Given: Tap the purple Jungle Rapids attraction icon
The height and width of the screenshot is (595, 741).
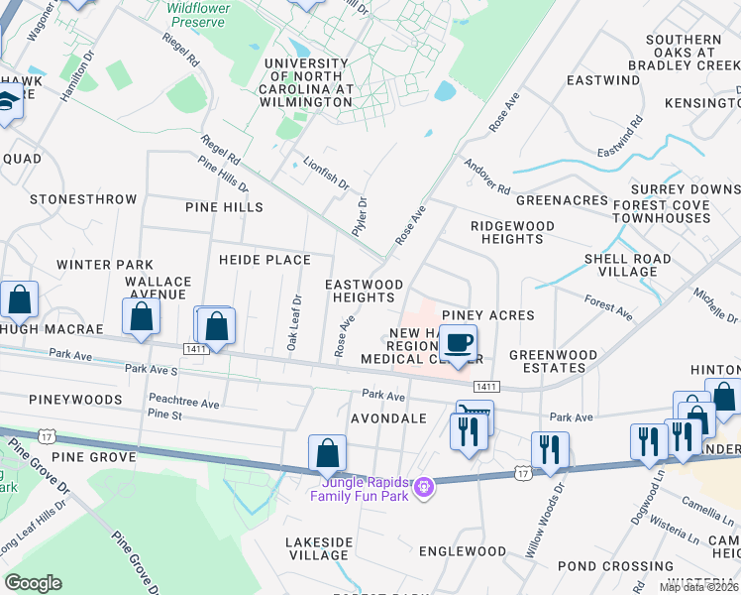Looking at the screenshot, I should coord(423,487).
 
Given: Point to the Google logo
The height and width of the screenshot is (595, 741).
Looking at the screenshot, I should coord(33,583).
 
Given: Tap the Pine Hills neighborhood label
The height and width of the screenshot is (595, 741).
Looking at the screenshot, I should coord(224,207).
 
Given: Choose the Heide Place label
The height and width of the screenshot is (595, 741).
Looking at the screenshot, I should coord(265,260).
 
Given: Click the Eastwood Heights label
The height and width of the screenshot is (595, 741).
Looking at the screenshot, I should coord(365,291).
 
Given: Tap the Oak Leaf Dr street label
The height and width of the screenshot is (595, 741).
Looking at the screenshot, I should coord(294,322).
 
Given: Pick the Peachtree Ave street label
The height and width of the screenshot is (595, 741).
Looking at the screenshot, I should coord(183,404).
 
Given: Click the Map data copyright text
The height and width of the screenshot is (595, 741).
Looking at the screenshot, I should coord(699,587).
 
